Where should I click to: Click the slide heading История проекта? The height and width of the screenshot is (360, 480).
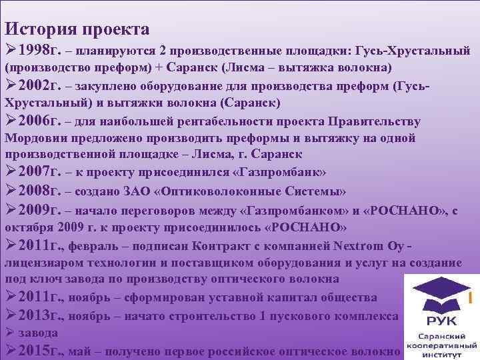[x=77, y=29]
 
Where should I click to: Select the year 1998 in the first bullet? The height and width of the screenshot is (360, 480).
[x=34, y=51]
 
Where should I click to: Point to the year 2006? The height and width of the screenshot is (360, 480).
[x=34, y=121]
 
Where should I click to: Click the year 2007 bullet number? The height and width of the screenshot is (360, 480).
[x=34, y=173]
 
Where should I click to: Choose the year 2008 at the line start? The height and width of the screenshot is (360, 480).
[x=34, y=191]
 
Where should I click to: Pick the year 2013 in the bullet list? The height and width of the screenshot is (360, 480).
[x=34, y=315]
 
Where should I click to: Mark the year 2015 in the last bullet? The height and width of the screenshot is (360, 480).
[x=34, y=350]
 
